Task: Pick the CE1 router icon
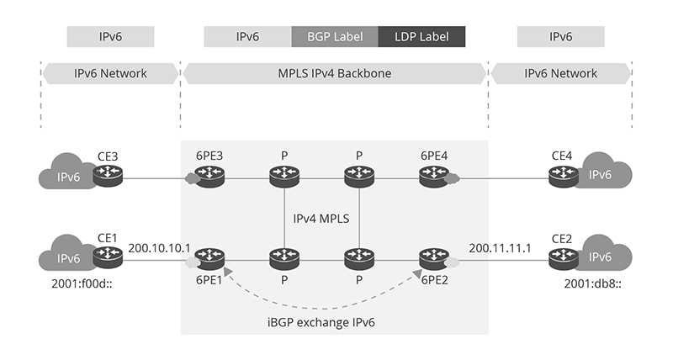108,257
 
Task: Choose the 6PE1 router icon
210,257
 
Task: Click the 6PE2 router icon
433,257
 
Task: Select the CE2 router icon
563,257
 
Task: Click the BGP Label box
335,37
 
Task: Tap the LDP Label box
421,37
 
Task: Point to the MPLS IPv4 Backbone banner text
335,73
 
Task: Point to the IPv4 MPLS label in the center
322,218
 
